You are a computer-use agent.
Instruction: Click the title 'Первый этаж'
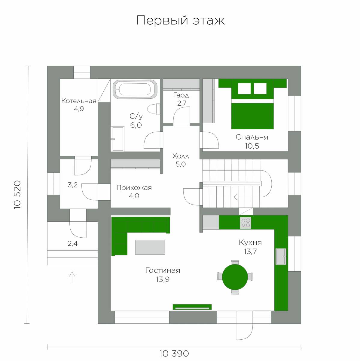tap(181, 20)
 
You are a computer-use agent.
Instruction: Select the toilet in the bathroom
tap(154, 109)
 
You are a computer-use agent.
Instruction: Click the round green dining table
tap(235, 277)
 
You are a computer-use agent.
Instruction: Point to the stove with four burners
tap(246, 223)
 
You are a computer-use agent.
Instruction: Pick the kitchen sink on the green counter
tap(281, 256)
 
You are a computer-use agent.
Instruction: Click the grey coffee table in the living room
tap(150, 247)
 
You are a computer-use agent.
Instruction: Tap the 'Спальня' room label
tap(252, 137)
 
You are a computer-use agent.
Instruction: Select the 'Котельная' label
tap(79, 101)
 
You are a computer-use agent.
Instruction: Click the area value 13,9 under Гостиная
tap(163, 279)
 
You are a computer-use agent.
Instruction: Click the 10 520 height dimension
tap(17, 195)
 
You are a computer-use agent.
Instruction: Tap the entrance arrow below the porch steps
tap(72, 277)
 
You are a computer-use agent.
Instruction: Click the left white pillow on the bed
tap(244, 89)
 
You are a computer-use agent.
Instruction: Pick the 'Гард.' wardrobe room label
tap(182, 95)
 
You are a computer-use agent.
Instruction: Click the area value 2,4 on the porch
tap(73, 244)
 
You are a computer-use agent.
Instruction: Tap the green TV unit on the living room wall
tap(192, 307)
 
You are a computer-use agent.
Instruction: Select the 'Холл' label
tap(181, 156)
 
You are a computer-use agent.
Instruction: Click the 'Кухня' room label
tap(250, 242)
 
